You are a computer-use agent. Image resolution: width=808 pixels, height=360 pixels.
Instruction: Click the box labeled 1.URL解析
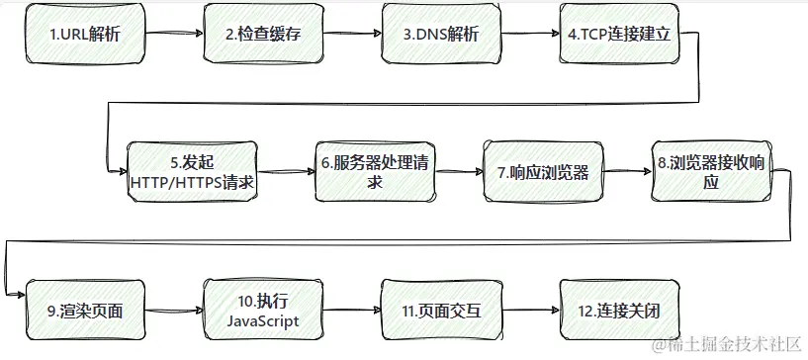coord(84,34)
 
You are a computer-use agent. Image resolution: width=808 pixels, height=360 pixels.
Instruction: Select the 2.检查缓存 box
coord(262,34)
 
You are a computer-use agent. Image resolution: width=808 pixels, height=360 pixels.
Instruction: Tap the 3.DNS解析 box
coord(441,34)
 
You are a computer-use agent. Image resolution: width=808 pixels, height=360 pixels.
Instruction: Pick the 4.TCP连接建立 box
coord(619,34)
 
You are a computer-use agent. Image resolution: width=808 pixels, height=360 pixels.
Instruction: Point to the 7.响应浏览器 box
coord(543,172)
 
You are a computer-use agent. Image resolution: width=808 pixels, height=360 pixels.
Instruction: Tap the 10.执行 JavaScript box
coord(262,311)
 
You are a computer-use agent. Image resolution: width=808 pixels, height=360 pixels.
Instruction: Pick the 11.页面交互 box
coord(441,311)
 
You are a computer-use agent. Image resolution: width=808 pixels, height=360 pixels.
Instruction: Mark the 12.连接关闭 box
coord(619,311)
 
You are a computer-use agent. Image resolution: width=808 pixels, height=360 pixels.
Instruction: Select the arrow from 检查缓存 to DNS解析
coord(353,34)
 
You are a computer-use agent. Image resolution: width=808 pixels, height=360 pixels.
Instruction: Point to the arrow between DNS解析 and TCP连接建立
coord(531,34)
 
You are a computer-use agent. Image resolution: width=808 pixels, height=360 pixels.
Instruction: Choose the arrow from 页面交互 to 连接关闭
coord(531,311)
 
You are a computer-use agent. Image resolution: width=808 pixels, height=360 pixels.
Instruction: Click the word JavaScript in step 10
coord(262,321)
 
